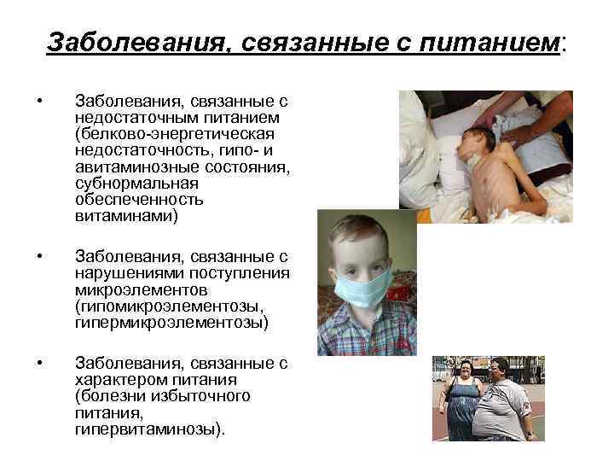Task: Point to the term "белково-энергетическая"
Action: pyautogui.click(x=174, y=133)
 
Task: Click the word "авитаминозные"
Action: pyautogui.click(x=128, y=166)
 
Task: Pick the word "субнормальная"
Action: pyautogui.click(x=125, y=183)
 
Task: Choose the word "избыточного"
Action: pyautogui.click(x=205, y=396)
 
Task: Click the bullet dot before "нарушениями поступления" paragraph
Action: pyautogui.click(x=39, y=257)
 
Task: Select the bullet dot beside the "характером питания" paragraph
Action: pyautogui.click(x=39, y=364)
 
